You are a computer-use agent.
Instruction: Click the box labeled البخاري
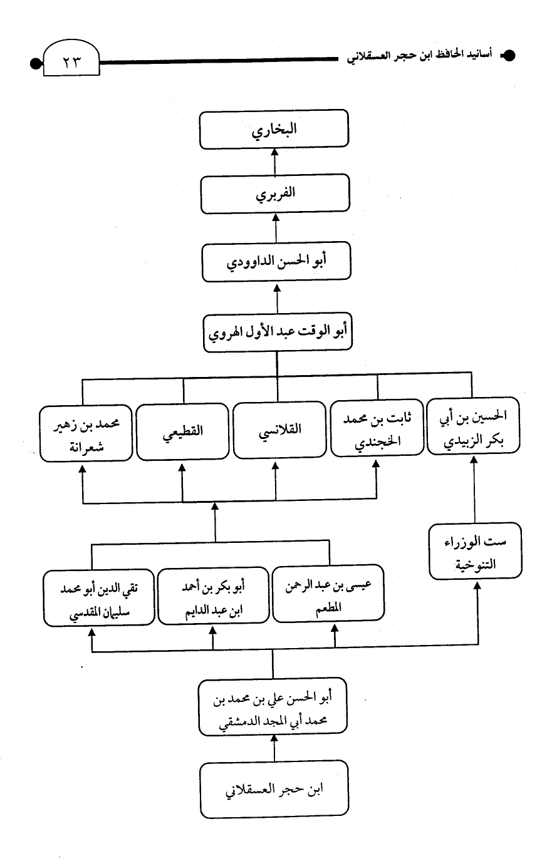coord(274,129)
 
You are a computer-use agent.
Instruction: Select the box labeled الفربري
coord(275,193)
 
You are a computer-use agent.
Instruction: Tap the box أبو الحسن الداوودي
coord(276,261)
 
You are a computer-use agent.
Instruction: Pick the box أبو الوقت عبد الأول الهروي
coord(278,332)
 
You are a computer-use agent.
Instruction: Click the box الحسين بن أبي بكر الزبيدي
coord(473,426)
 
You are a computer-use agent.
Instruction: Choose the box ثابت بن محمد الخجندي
coord(377,428)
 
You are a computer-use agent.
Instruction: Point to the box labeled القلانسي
coord(279,430)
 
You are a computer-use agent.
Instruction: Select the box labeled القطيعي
coord(183,431)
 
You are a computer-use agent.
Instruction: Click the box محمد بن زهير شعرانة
coord(86,433)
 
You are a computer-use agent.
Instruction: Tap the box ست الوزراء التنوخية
coord(476,551)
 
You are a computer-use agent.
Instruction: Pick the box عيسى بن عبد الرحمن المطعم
coord(328,593)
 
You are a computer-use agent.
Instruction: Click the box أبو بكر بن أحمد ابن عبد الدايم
coord(214,595)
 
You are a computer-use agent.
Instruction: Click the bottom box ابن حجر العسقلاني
coord(274,789)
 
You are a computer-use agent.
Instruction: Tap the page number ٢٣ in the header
coord(71,61)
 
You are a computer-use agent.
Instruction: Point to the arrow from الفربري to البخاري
coord(274,162)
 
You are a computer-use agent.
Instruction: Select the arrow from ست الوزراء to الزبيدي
coord(474,489)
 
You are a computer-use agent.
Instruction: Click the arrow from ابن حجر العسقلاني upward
coord(274,748)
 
